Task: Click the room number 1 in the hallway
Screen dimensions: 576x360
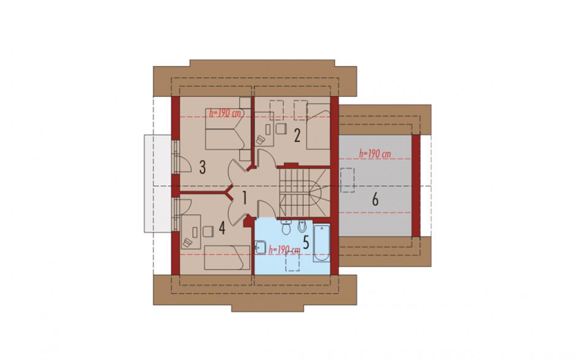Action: (x=244, y=197)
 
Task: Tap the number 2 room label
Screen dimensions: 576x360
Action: (x=297, y=136)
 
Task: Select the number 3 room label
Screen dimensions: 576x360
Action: (x=202, y=167)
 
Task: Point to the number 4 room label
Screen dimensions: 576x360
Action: (x=221, y=228)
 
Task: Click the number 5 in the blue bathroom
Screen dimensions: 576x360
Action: (x=306, y=242)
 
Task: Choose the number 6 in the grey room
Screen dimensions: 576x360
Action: (x=375, y=199)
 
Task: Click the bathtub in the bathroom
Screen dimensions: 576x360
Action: (x=322, y=243)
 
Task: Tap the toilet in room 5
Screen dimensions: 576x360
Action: (x=286, y=228)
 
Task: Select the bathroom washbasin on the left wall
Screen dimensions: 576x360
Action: (x=260, y=247)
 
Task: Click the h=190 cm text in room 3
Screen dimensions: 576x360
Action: (x=225, y=113)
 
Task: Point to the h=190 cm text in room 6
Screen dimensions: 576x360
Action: (x=374, y=154)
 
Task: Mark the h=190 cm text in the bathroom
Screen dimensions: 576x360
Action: (x=285, y=250)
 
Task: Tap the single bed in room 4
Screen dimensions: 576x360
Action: (x=227, y=258)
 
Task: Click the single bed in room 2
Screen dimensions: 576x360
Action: (x=318, y=126)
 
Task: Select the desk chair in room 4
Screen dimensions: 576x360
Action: (x=208, y=232)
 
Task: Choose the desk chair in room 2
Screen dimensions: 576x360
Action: (x=281, y=129)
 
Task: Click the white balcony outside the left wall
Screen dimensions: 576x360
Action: (x=158, y=183)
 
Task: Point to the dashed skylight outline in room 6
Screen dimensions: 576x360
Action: (x=347, y=180)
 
